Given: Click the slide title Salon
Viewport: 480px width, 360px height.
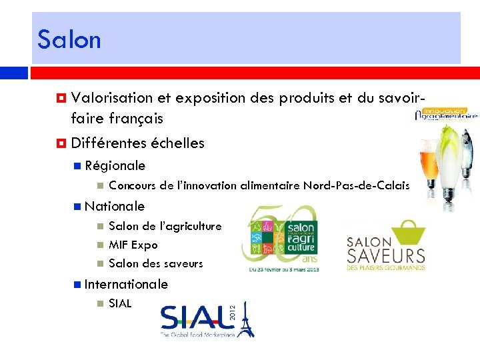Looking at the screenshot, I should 69,39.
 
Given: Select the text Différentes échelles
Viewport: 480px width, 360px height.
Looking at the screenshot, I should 137,143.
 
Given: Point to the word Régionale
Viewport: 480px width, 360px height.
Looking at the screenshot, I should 115,165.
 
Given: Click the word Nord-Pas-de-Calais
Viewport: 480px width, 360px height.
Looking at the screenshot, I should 357,185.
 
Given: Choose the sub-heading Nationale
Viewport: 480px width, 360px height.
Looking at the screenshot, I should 115,206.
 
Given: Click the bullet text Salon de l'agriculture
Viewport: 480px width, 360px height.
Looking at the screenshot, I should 165,226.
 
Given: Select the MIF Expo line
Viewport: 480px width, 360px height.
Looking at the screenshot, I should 133,245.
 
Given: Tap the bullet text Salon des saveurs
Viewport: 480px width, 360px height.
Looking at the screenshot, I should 155,263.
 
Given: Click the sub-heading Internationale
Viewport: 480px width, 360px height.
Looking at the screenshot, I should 126,284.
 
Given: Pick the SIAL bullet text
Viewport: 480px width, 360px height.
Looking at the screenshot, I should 120,303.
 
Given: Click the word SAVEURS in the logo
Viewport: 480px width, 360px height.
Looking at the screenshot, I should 385,255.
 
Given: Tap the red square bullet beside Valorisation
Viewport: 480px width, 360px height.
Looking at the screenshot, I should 61,98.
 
